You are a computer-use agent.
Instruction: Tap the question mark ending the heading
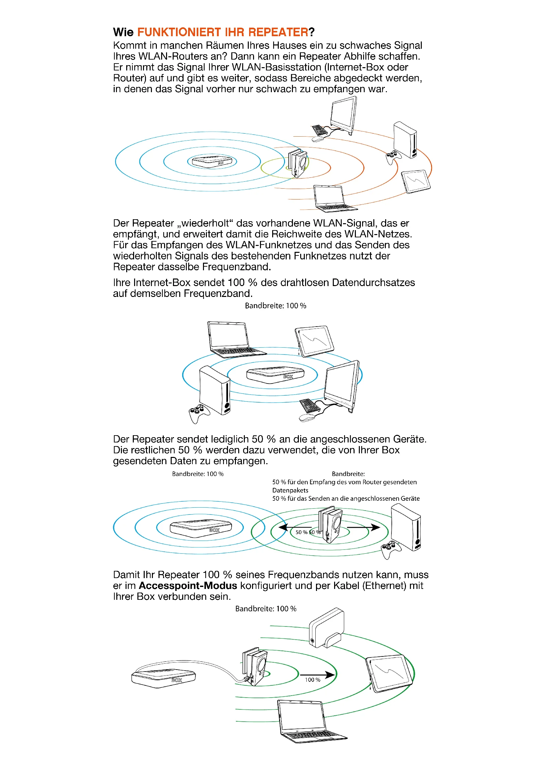(x=312, y=32)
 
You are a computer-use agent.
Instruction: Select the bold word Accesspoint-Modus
(x=187, y=586)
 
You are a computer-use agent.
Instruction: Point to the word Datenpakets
(x=290, y=490)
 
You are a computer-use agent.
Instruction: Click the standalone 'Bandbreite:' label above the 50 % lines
(x=348, y=474)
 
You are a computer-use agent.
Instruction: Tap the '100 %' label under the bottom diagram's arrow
(x=312, y=680)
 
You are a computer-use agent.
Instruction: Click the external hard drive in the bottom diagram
(x=326, y=627)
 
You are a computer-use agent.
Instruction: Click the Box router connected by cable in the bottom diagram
(x=163, y=678)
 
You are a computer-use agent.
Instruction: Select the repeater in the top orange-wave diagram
(x=298, y=163)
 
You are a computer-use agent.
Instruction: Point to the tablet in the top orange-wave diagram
(x=416, y=181)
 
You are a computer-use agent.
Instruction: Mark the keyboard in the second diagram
(x=310, y=405)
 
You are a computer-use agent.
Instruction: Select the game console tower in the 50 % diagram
(x=406, y=527)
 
